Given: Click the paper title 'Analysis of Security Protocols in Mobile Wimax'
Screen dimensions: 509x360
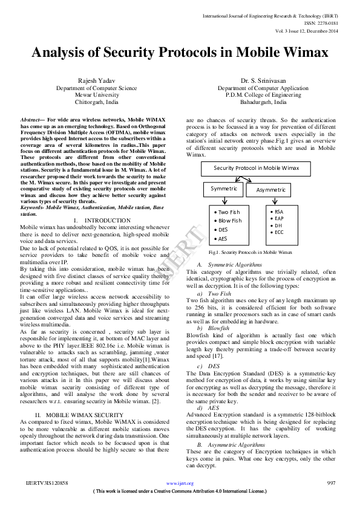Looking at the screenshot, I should click(180, 53).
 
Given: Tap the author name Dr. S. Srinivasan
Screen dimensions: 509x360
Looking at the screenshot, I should click(263, 80).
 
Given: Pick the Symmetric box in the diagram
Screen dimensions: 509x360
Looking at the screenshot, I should click(223, 189).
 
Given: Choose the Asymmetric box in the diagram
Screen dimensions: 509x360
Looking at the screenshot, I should click(270, 190).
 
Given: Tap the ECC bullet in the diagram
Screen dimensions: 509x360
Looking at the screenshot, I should click(279, 232).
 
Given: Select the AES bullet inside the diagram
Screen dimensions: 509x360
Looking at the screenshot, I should click(223, 239).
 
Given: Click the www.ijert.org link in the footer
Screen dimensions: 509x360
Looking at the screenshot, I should click(180, 484).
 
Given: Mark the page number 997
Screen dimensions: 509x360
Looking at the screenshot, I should click(331, 483).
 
